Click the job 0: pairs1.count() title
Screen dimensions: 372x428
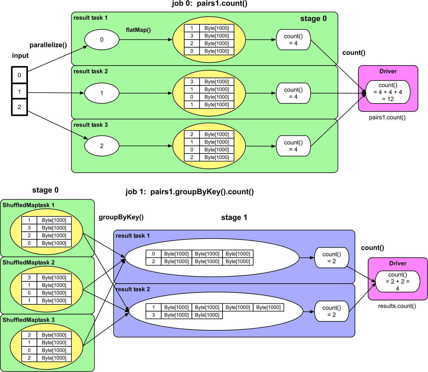(x=209, y=4)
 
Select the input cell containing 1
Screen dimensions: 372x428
(x=19, y=92)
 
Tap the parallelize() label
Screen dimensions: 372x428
(x=48, y=45)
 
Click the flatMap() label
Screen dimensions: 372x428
(x=138, y=30)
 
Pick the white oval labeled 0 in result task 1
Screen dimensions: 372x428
(x=102, y=40)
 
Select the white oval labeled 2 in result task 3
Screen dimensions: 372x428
(x=102, y=146)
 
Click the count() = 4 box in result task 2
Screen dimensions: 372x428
(x=293, y=93)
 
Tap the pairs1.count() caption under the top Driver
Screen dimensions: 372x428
(x=387, y=118)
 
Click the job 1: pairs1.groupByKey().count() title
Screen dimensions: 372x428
(x=189, y=192)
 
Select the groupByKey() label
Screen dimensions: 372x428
(x=121, y=217)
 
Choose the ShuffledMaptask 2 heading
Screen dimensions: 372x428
(x=28, y=262)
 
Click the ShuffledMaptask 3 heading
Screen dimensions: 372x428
(x=28, y=320)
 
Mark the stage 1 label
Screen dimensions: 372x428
(x=234, y=218)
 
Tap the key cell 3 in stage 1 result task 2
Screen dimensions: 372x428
(x=153, y=315)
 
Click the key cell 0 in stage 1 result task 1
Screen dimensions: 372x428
(x=153, y=254)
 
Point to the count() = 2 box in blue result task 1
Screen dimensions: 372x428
(x=332, y=258)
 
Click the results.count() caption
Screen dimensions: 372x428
(x=397, y=306)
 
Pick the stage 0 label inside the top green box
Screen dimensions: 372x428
(x=313, y=19)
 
